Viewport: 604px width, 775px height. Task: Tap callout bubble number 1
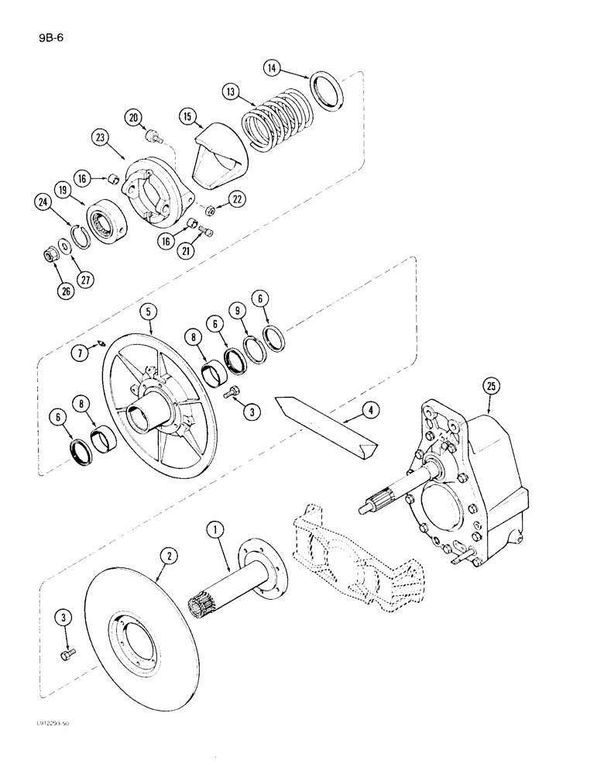click(x=215, y=530)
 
